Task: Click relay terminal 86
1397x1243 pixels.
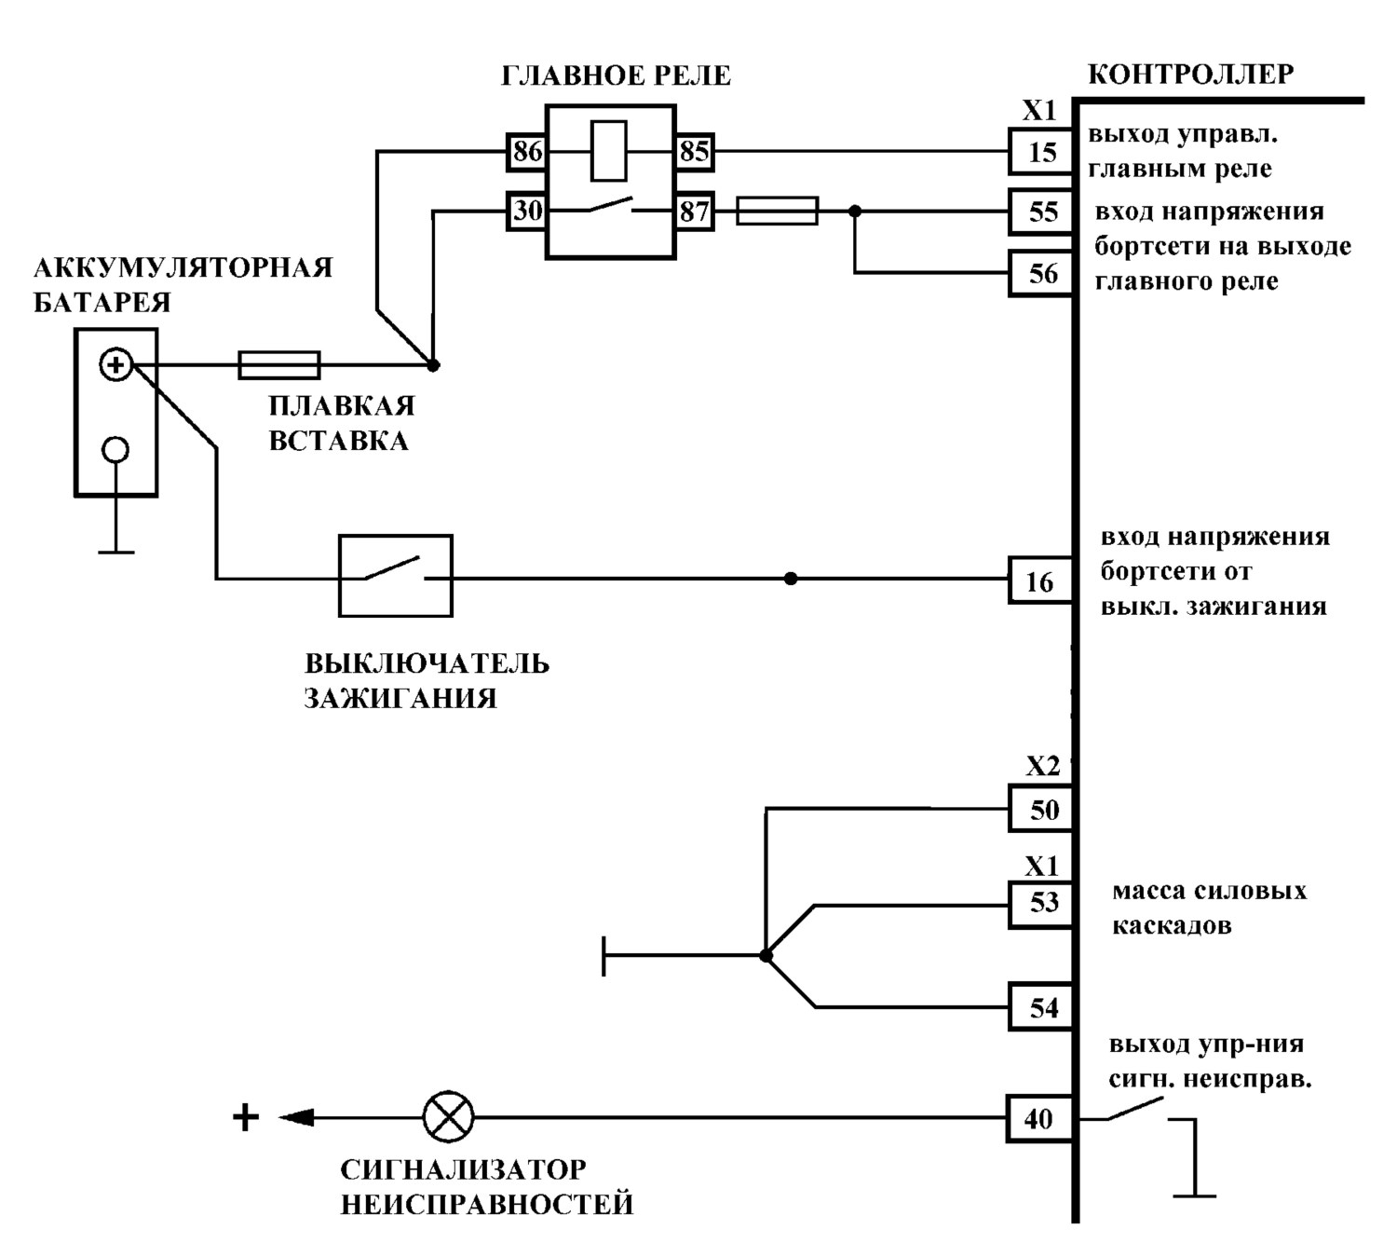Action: click(527, 151)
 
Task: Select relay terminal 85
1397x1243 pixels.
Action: click(695, 151)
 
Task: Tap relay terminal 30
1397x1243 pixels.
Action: click(527, 211)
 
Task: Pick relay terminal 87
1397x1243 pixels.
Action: click(695, 211)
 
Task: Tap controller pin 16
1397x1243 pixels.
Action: click(1040, 581)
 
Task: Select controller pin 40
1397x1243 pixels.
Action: click(1040, 1118)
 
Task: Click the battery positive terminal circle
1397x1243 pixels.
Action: click(115, 364)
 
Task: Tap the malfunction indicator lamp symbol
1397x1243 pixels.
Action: click(448, 1117)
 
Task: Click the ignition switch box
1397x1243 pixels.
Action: click(395, 575)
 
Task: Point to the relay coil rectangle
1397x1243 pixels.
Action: click(609, 151)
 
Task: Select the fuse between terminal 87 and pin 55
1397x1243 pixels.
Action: click(777, 211)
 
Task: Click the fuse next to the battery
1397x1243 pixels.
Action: click(279, 365)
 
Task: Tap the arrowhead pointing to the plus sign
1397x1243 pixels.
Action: click(296, 1117)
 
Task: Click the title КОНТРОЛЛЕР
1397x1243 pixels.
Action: click(1191, 75)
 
